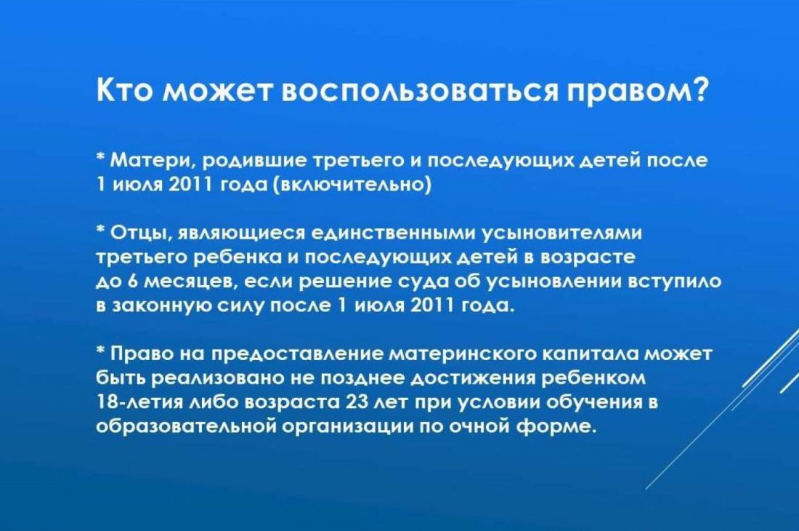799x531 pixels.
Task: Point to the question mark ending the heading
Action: point(699,89)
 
